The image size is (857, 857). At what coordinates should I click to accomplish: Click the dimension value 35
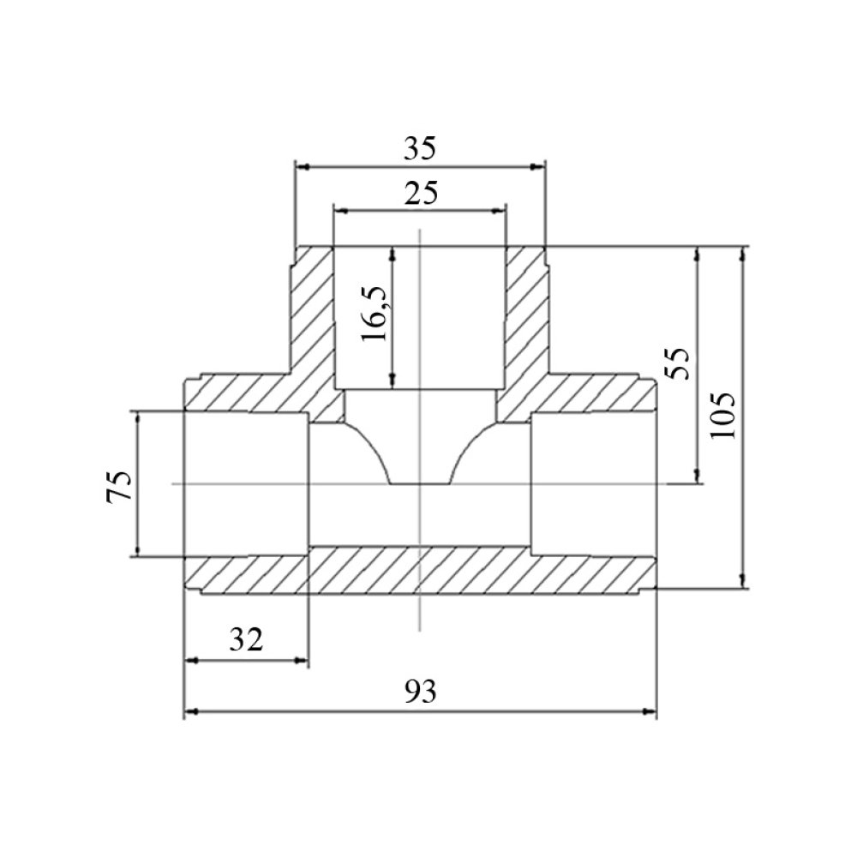click(420, 148)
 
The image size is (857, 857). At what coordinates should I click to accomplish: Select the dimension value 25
click(421, 193)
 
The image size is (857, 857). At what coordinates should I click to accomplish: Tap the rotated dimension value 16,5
click(375, 313)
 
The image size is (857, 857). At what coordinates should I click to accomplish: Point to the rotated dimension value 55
click(678, 364)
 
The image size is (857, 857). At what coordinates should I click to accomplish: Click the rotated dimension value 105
click(723, 415)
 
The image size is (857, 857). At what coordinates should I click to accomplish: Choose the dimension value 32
click(246, 639)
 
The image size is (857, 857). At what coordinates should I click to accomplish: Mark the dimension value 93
click(421, 692)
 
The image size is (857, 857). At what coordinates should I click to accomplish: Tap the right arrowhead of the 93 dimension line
click(650, 711)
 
